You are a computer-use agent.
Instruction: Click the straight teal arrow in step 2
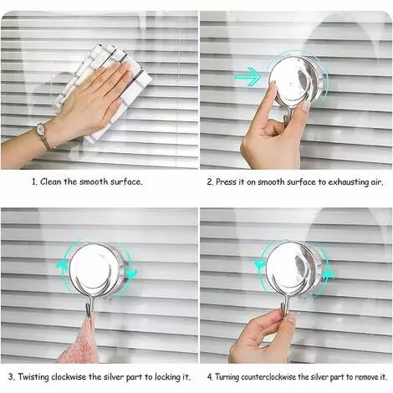click(x=248, y=76)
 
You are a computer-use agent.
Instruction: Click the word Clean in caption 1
click(x=51, y=181)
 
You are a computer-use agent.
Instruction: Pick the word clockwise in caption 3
click(x=69, y=377)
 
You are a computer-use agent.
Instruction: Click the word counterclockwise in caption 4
click(x=268, y=377)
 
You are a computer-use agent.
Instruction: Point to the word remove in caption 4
click(x=361, y=377)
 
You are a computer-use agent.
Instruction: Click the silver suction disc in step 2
click(x=296, y=80)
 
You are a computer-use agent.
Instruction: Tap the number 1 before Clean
click(x=34, y=182)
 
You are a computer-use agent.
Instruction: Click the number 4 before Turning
click(x=210, y=377)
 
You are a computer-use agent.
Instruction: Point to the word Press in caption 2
click(x=226, y=182)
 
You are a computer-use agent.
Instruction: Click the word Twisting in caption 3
click(x=33, y=377)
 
